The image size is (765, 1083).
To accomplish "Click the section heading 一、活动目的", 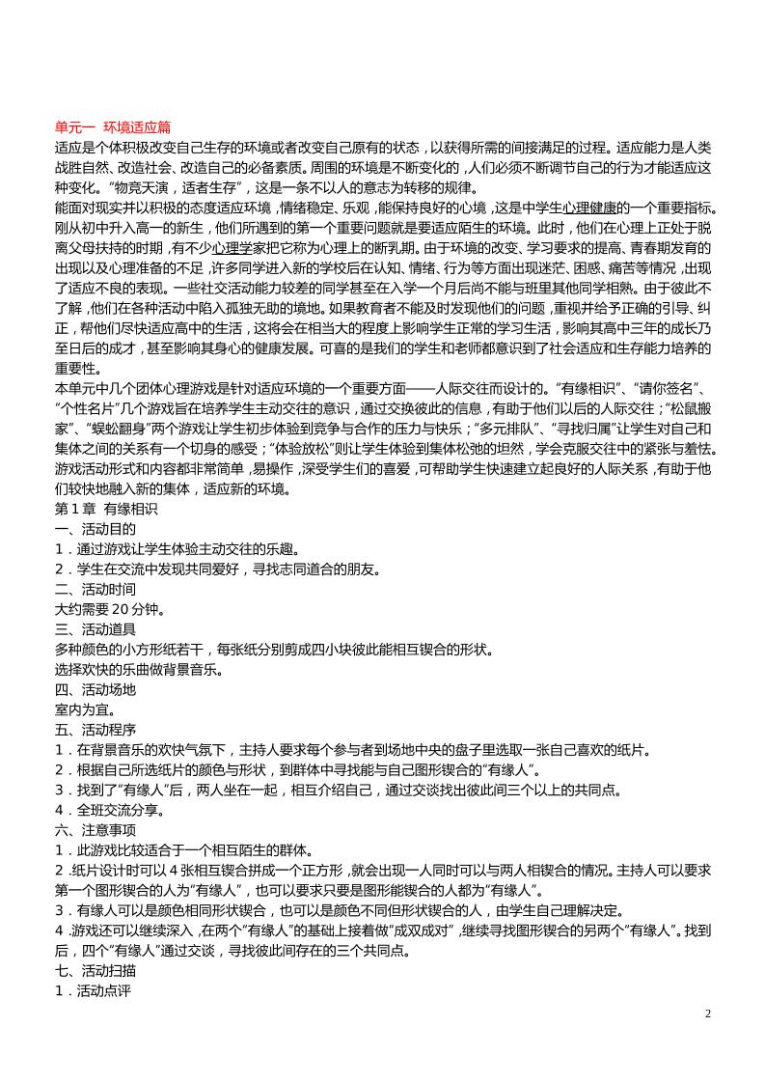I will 96,529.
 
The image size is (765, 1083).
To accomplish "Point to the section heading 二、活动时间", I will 96,589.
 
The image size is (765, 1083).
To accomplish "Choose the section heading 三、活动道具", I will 96,629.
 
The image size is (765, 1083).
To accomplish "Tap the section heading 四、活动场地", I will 96,689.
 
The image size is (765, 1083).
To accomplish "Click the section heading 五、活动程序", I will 96,729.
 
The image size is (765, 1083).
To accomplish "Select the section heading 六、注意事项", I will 96,829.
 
